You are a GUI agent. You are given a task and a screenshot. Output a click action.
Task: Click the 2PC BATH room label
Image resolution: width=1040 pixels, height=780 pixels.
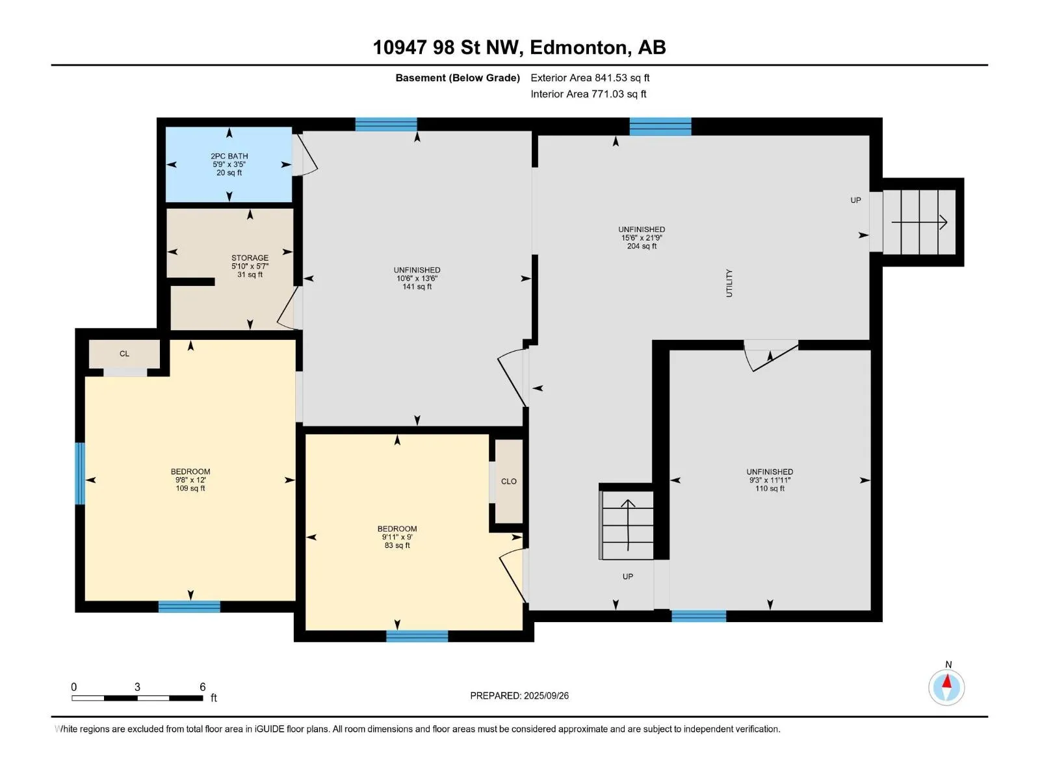[229, 156]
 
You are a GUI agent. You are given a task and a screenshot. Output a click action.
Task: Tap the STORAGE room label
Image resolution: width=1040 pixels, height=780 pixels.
[250, 257]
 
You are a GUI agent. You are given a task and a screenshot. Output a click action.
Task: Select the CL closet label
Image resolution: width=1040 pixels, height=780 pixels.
[124, 354]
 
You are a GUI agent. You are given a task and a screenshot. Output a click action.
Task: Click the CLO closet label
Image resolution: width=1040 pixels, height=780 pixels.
[508, 481]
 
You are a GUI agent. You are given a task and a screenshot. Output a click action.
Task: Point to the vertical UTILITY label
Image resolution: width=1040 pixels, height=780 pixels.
[729, 283]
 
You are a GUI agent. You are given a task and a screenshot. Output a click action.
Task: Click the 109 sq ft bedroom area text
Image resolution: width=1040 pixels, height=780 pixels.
[190, 488]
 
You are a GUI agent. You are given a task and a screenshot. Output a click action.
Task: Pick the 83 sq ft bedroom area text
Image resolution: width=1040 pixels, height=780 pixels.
[397, 545]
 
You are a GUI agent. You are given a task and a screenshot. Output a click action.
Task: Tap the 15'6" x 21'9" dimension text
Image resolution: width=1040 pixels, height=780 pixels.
[642, 238]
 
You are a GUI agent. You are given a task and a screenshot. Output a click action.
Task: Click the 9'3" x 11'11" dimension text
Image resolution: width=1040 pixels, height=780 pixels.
[770, 480]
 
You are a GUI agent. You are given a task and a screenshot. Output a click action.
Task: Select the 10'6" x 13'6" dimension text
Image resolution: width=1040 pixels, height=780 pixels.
[417, 278]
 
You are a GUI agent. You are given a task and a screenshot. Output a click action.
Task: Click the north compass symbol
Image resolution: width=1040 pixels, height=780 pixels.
[946, 686]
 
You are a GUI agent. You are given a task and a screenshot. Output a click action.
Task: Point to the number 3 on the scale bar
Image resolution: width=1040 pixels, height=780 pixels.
[137, 686]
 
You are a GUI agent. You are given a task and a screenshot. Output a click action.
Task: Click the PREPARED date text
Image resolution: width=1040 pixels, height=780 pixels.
[519, 695]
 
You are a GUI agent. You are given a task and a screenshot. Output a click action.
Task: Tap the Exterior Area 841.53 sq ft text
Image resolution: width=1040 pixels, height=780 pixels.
[590, 77]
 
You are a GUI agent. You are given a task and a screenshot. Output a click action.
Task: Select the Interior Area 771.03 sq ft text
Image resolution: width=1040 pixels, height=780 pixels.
[588, 94]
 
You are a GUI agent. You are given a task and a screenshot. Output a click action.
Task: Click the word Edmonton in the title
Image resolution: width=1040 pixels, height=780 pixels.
[580, 47]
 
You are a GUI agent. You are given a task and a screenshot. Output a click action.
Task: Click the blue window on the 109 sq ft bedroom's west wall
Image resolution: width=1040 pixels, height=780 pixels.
[80, 473]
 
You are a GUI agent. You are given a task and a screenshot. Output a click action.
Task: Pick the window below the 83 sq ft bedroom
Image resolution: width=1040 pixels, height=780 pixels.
[417, 636]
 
